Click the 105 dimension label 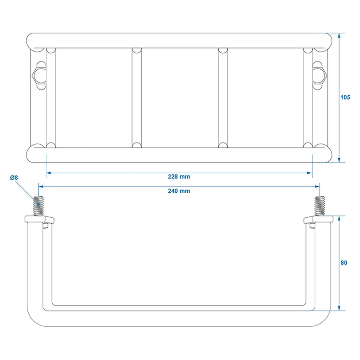345,97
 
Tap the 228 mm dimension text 179,176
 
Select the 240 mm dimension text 179,191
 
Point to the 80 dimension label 344,263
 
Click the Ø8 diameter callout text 14,178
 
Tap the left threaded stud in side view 38,206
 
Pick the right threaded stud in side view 320,206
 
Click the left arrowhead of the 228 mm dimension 49,173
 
